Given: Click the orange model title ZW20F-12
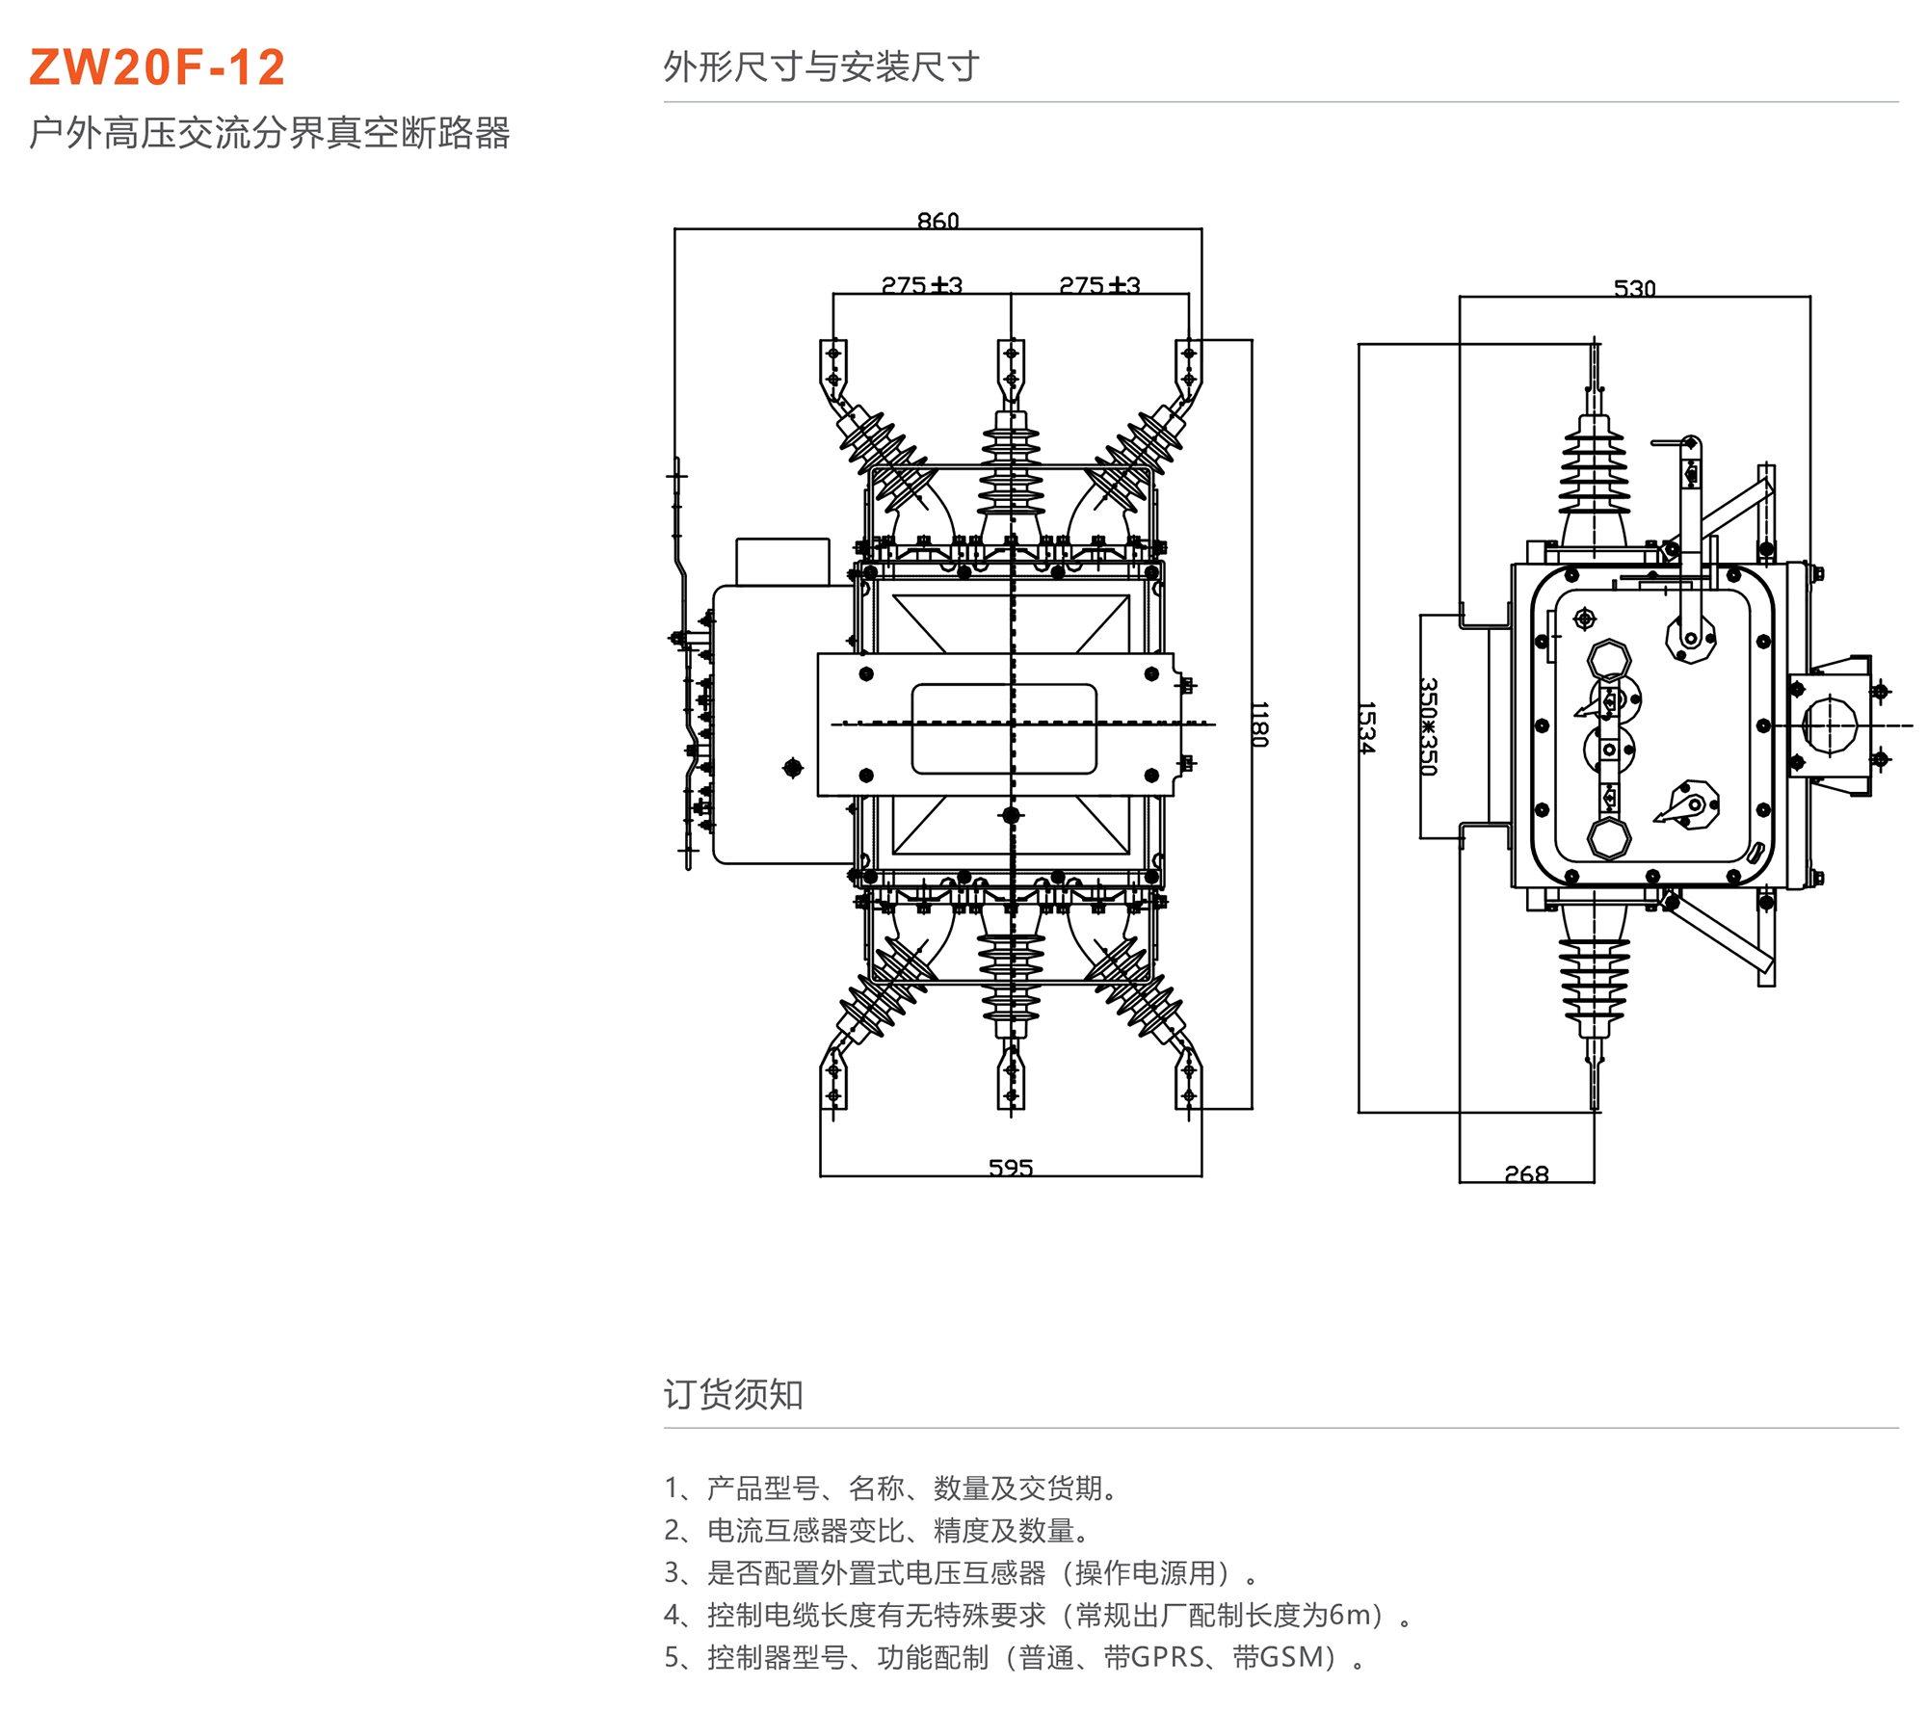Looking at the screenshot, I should pyautogui.click(x=157, y=67).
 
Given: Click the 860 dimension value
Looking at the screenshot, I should pyautogui.click(x=937, y=222).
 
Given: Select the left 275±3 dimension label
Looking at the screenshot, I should pyautogui.click(x=922, y=285).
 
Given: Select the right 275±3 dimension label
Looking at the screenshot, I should pyautogui.click(x=1099, y=285).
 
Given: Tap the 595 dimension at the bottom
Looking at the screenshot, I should pyautogui.click(x=1010, y=1168).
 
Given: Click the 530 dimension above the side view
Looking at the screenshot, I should pyautogui.click(x=1634, y=288).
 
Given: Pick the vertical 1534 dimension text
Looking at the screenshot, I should pyautogui.click(x=1365, y=727).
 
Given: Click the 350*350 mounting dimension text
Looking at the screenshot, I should pyautogui.click(x=1428, y=726).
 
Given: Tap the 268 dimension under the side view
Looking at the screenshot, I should pyautogui.click(x=1526, y=1173).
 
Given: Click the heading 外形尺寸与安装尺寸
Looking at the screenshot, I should pyautogui.click(x=821, y=66).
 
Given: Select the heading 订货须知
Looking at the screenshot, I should pyautogui.click(x=733, y=1394).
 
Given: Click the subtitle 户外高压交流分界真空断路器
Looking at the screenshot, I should pyautogui.click(x=270, y=133).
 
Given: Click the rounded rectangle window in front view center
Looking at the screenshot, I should pyautogui.click(x=1003, y=729).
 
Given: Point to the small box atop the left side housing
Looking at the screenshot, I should pyautogui.click(x=782, y=562).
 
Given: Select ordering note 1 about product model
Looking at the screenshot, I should pyautogui.click(x=891, y=1488).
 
